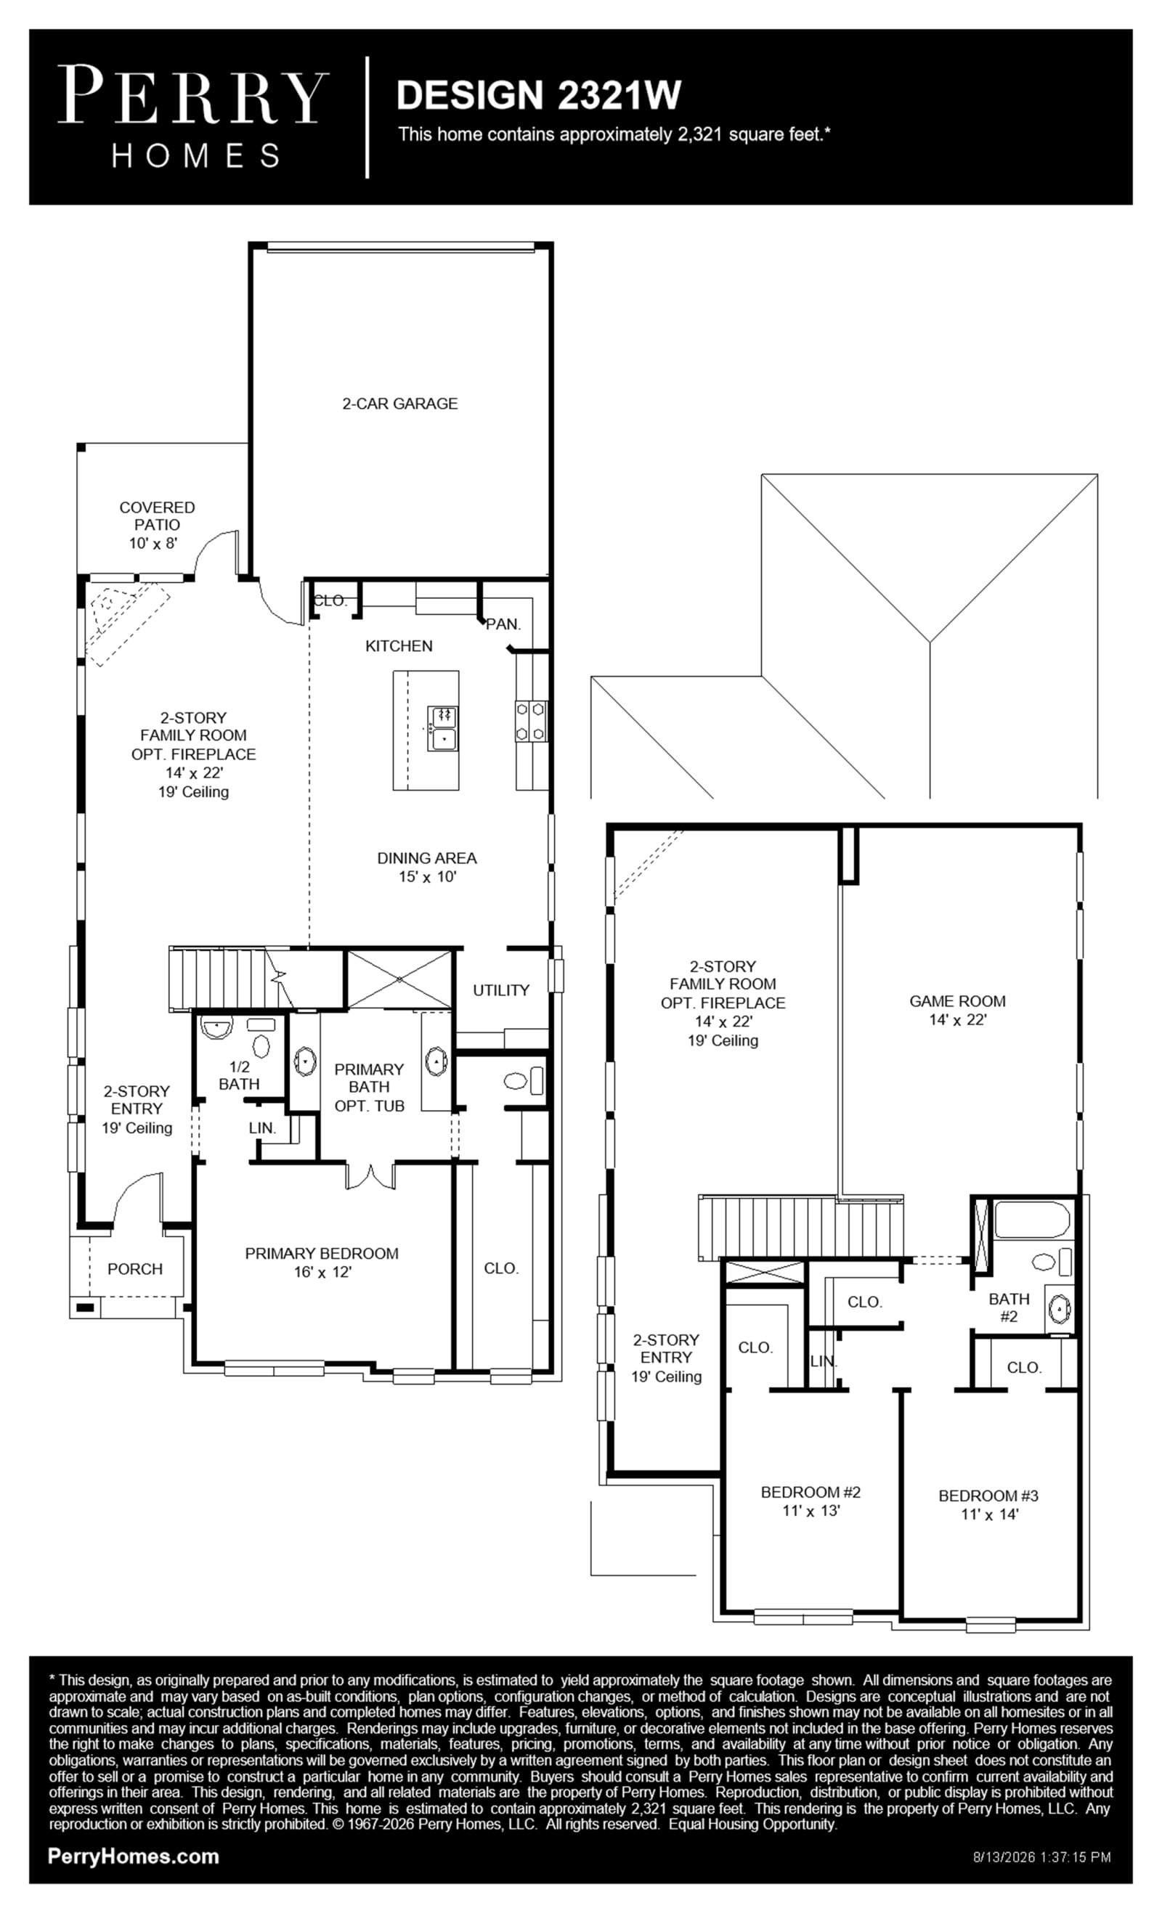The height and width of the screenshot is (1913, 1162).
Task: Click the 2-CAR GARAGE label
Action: click(400, 404)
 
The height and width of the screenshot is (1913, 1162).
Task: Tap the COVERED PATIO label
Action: click(157, 515)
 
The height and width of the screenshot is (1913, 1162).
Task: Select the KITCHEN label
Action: click(399, 646)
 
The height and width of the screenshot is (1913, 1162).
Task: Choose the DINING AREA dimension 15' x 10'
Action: click(427, 877)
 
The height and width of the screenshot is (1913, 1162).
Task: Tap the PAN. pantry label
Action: click(503, 624)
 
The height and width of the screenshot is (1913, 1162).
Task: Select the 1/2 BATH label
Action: click(238, 1075)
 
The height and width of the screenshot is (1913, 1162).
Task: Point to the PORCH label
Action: click(135, 1268)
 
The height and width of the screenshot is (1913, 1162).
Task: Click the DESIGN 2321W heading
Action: click(539, 94)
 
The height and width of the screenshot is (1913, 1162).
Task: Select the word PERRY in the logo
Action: click(192, 94)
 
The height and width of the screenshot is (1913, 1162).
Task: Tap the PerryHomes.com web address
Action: click(133, 1856)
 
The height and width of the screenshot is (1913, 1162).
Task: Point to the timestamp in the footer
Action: click(1041, 1857)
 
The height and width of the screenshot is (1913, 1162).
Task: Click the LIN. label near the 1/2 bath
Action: click(262, 1128)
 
